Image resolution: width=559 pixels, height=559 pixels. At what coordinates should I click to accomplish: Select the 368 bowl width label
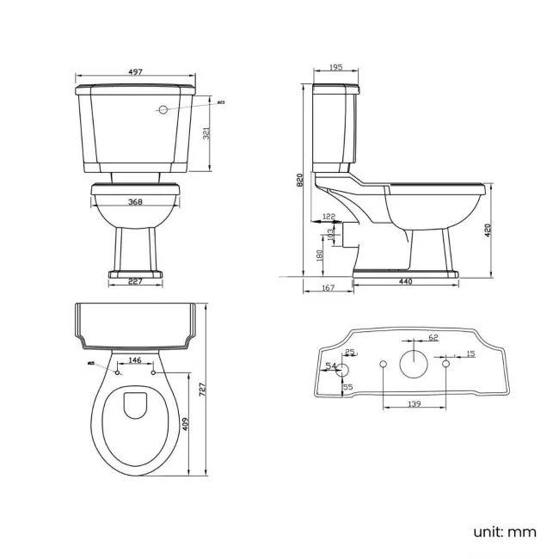click(136, 202)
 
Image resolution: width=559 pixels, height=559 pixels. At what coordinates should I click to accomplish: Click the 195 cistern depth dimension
click(335, 68)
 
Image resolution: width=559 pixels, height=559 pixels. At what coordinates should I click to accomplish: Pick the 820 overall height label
click(299, 180)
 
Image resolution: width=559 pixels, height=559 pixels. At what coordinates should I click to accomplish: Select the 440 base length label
click(405, 282)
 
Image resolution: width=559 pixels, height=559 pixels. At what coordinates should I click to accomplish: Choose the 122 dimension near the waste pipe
click(329, 216)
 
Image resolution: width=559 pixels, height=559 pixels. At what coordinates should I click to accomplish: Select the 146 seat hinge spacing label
click(135, 360)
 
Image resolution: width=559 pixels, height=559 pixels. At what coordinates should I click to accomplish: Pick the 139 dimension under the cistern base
click(414, 403)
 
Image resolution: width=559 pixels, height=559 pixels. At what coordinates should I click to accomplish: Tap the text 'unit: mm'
click(504, 531)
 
